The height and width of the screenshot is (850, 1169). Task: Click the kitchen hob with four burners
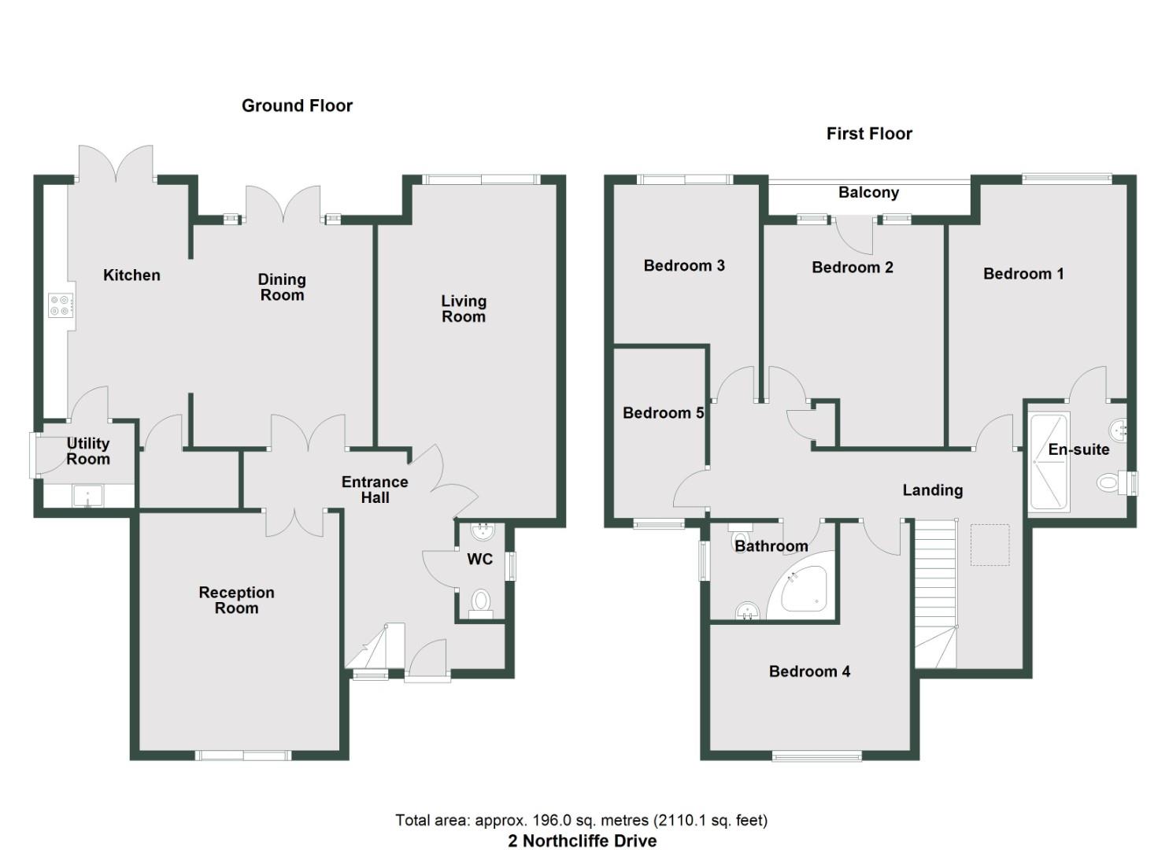click(x=61, y=304)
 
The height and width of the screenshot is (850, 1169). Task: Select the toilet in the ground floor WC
click(x=480, y=604)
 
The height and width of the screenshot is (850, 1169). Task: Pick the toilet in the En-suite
click(x=1110, y=482)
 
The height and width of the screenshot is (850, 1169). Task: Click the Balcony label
click(x=868, y=193)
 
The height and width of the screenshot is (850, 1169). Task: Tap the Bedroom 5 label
click(x=663, y=413)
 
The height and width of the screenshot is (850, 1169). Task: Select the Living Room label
click(x=464, y=309)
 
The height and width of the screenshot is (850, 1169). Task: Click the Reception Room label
click(x=236, y=600)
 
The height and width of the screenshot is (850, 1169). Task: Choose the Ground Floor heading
click(x=297, y=105)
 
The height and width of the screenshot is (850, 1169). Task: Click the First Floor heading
click(x=869, y=134)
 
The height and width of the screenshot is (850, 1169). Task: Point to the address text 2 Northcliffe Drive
click(x=582, y=841)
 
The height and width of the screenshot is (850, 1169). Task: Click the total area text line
click(x=582, y=820)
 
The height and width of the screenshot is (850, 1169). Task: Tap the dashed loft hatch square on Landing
click(x=990, y=545)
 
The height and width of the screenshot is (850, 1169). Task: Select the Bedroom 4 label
click(x=809, y=671)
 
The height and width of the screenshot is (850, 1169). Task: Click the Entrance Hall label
click(x=375, y=490)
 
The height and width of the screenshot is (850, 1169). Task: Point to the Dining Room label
click(x=282, y=287)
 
